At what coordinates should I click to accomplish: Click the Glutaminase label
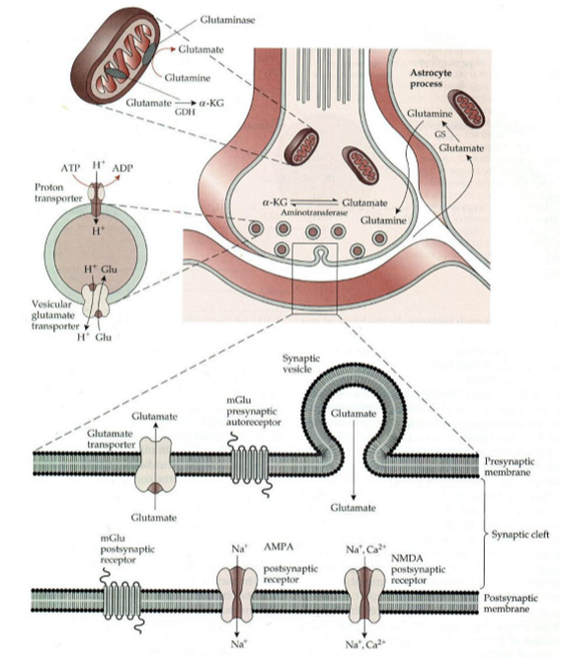coord(227,20)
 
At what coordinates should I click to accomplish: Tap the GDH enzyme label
coord(185,112)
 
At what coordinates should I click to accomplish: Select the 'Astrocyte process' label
coord(431,78)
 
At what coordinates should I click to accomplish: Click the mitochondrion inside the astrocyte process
coord(468,109)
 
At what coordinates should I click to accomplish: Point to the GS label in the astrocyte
coord(441,134)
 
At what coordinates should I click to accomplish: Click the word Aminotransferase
coord(314,212)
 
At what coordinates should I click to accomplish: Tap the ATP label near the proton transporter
coord(70,168)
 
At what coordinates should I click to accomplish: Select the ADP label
coord(122,168)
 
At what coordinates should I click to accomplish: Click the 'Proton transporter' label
coord(58,193)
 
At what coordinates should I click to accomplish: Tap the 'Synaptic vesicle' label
coord(301,364)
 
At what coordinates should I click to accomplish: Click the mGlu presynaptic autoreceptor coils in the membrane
coord(250,465)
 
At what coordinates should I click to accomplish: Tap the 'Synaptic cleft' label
coord(520,535)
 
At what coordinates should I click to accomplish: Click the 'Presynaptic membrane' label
coord(509,466)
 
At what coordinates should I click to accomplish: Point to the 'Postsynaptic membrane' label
coord(511,603)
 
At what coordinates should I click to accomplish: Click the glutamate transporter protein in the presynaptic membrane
coord(153,465)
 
